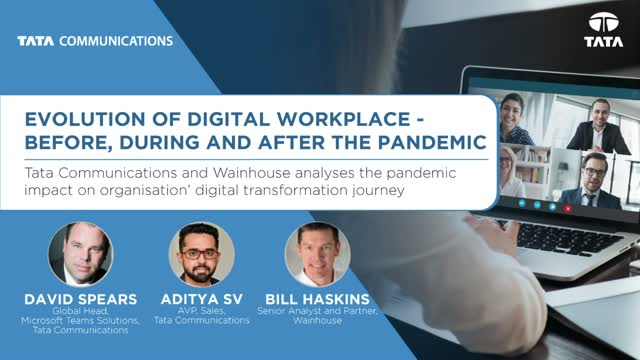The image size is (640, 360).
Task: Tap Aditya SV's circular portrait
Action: (x=196, y=252)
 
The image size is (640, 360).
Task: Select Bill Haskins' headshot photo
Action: (x=313, y=252)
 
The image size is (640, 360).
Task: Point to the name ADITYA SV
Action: (x=196, y=296)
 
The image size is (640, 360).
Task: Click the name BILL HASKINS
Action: (x=313, y=296)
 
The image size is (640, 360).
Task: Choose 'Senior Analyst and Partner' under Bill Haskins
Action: (x=313, y=310)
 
